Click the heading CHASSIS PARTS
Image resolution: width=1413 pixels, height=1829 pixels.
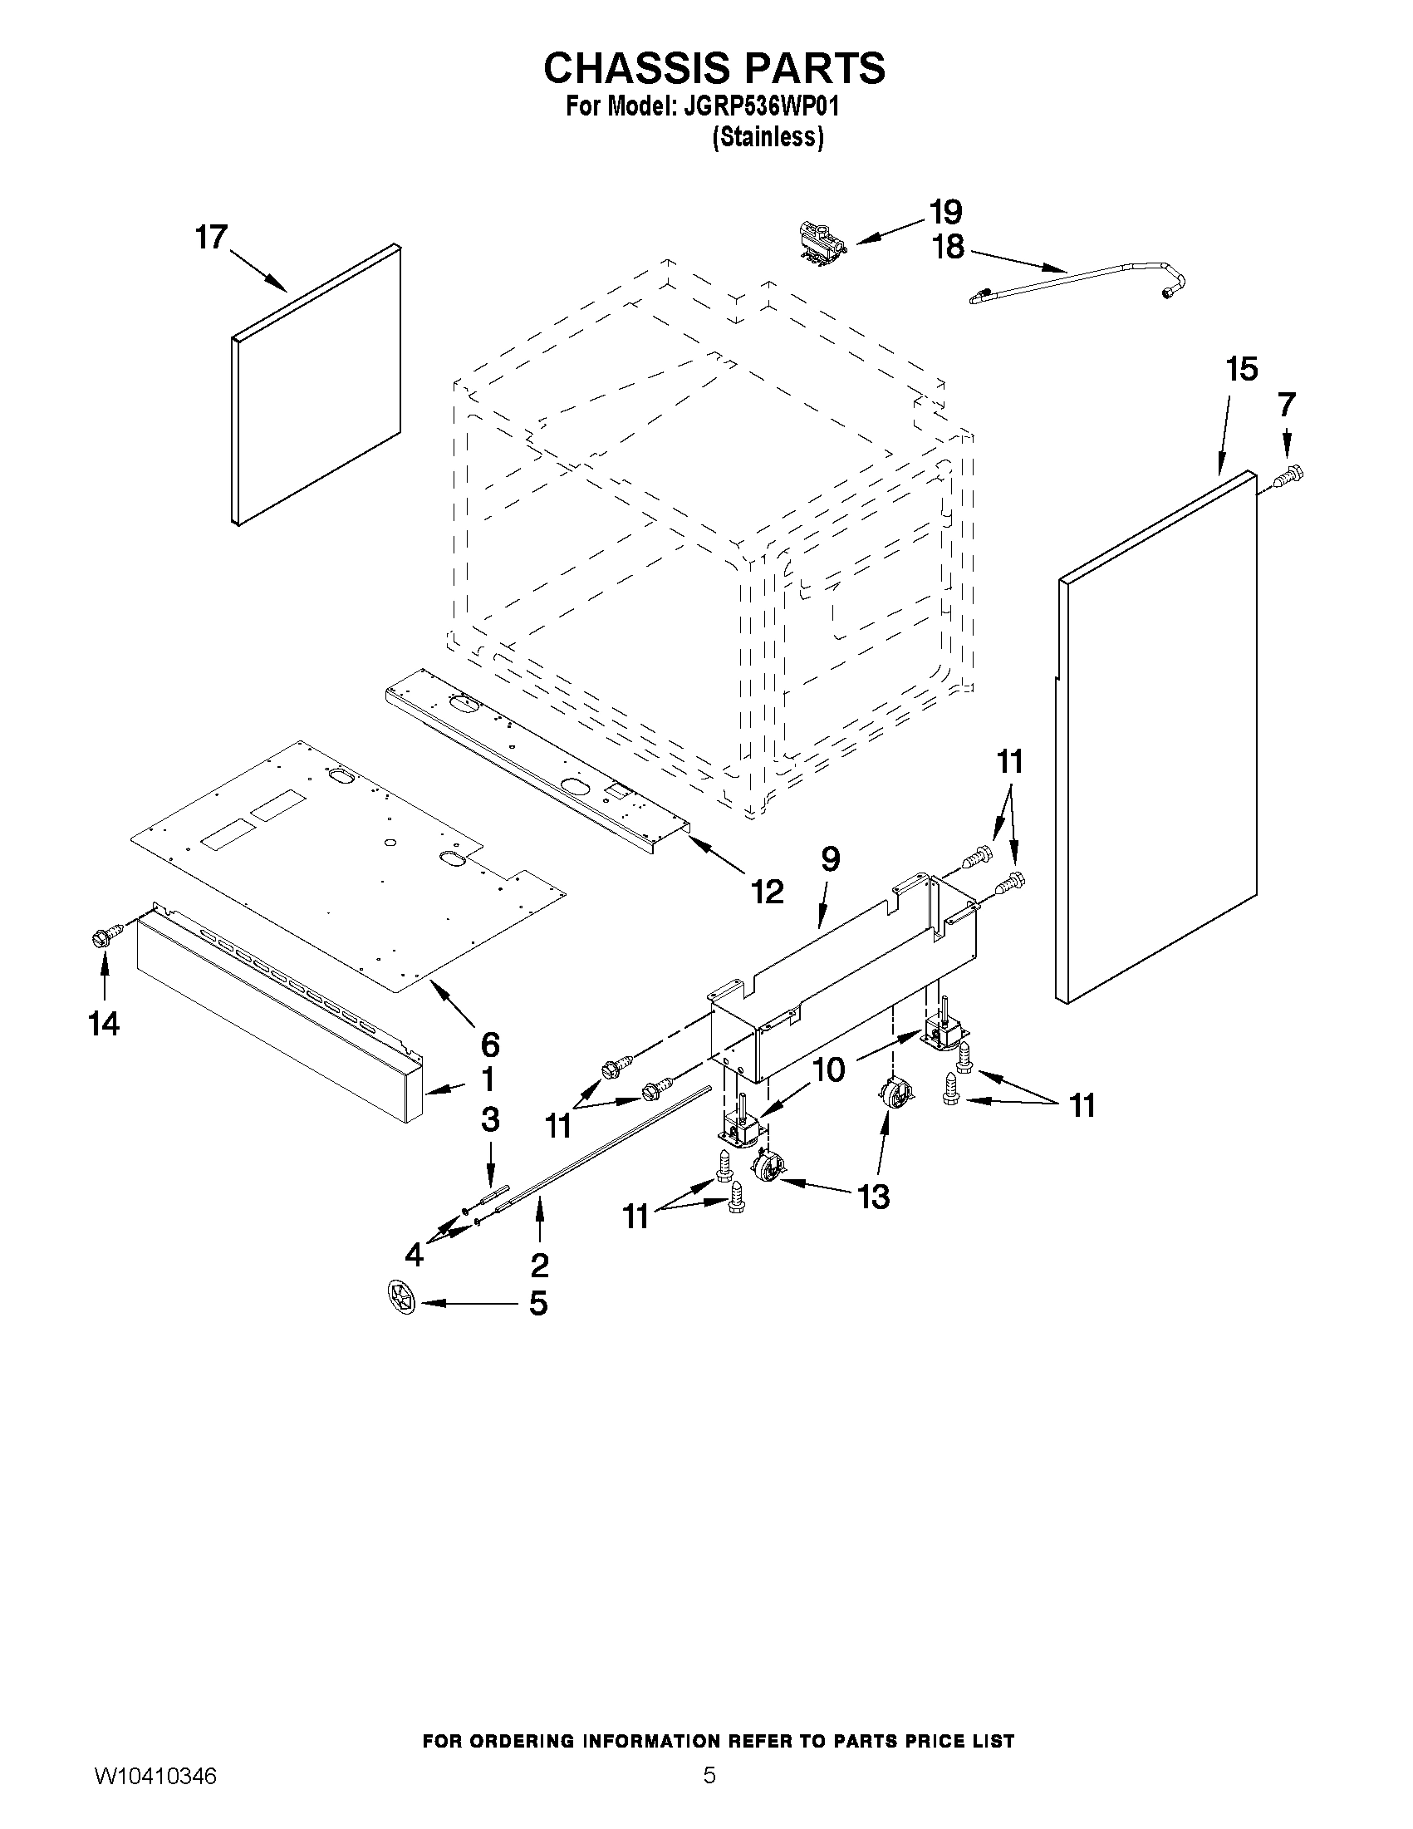[x=714, y=68]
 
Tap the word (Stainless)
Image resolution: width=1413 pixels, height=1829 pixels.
[x=768, y=136]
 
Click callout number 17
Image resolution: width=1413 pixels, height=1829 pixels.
[x=211, y=237]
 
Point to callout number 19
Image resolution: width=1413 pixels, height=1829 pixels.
[x=946, y=211]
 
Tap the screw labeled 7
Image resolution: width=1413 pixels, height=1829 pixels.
[x=1289, y=476]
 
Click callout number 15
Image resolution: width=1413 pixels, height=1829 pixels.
[x=1241, y=368]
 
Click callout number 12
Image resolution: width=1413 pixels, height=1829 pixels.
[x=766, y=892]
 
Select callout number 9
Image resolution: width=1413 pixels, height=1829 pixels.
[x=830, y=859]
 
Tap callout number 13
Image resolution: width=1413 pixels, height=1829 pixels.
[x=872, y=1197]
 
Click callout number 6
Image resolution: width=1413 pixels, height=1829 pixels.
[x=490, y=1044]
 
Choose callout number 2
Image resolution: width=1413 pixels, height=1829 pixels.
[x=539, y=1265]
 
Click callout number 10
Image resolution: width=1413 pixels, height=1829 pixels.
[x=829, y=1069]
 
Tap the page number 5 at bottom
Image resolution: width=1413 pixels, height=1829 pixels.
[x=709, y=1796]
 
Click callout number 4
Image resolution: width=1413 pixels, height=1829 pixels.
[x=414, y=1254]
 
